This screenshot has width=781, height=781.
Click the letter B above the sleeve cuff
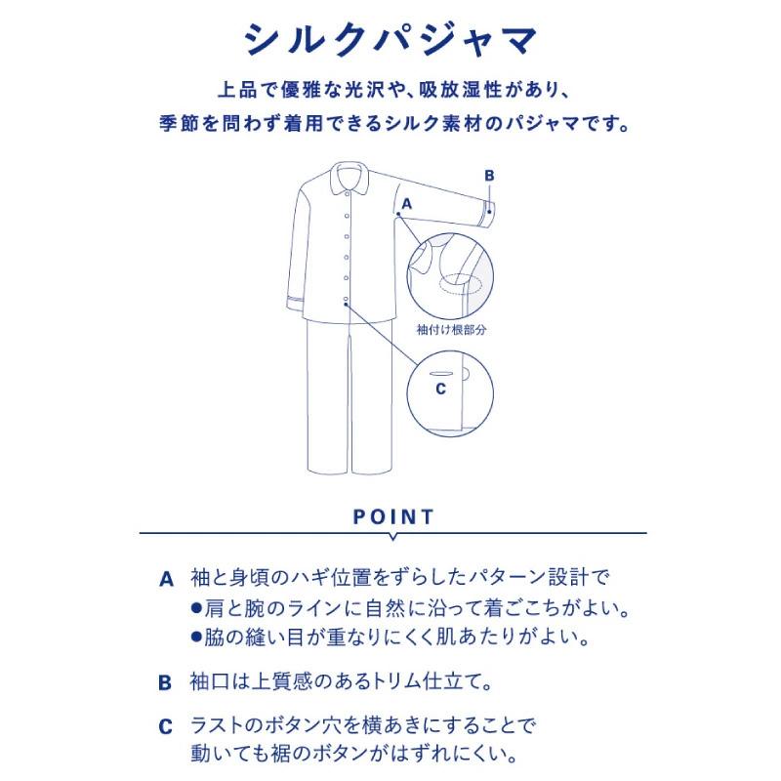[490, 175]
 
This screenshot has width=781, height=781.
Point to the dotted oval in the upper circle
[461, 285]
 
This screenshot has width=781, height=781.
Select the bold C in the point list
[166, 728]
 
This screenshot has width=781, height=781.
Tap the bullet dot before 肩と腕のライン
[195, 608]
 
